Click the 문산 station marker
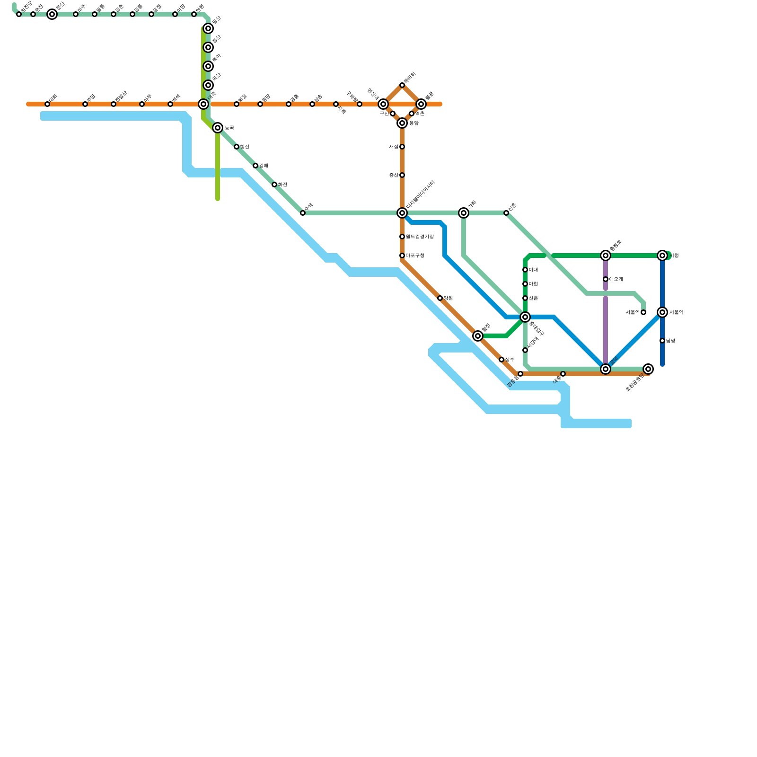point(52,14)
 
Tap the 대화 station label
point(53,98)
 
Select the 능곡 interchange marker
point(218,128)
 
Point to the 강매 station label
point(264,166)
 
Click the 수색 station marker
point(303,213)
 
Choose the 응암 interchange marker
point(402,123)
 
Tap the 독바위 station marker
point(402,85)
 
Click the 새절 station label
point(394,147)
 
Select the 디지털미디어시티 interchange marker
point(402,213)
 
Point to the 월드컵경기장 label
point(420,237)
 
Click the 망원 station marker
point(440,298)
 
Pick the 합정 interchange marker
point(478,336)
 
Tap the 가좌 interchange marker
point(464,213)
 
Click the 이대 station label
point(533,270)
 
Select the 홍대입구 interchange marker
point(525,317)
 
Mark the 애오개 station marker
point(606,279)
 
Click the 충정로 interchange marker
point(606,255)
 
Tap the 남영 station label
point(670,341)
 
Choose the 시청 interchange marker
point(662,255)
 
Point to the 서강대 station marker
point(525,350)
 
